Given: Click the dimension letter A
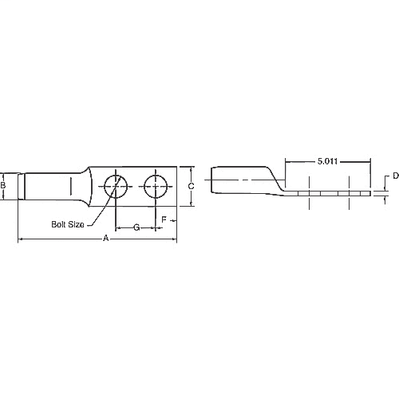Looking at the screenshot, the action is click(106, 238).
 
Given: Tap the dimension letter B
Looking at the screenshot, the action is click(3, 185).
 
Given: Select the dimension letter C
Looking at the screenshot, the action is click(191, 186).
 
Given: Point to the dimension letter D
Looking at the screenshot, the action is click(396, 176).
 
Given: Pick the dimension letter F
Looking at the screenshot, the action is click(164, 219).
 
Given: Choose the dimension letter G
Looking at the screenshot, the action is click(136, 227).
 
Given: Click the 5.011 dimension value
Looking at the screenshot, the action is click(327, 161).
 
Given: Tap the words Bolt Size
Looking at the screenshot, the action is click(68, 224).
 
